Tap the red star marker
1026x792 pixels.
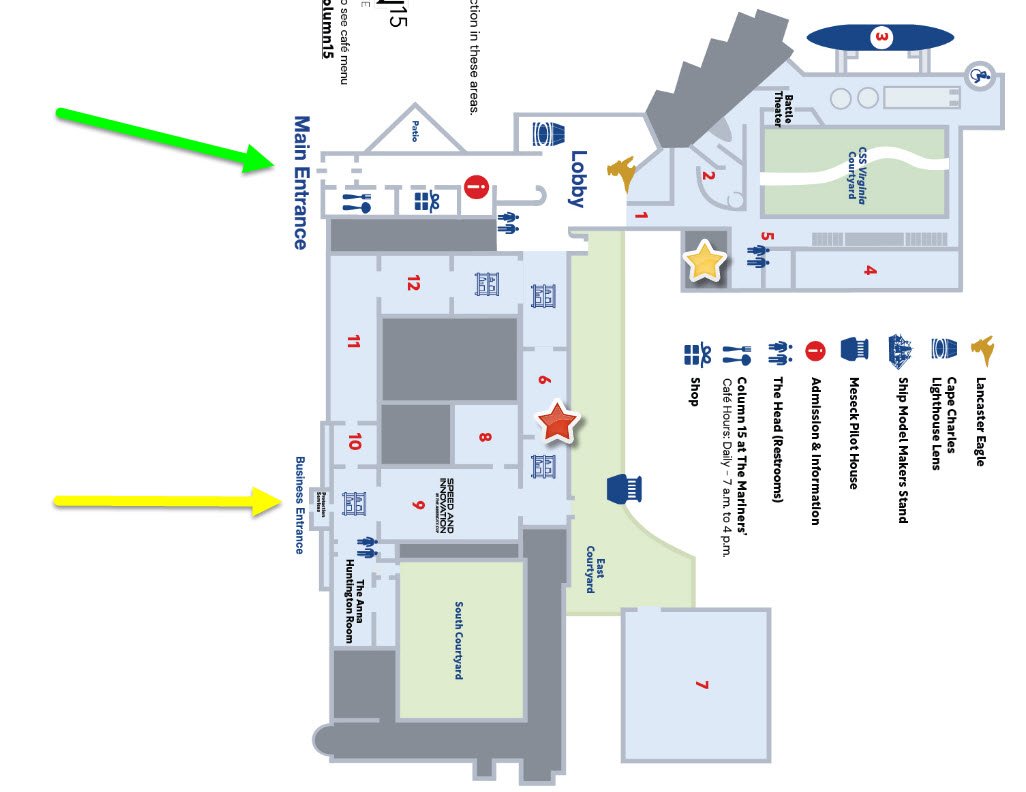(557, 423)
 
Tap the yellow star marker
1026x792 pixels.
(705, 262)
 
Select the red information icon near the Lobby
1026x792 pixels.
(476, 186)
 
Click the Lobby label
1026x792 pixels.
(577, 179)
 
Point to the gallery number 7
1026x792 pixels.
(701, 685)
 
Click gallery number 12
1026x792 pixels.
(412, 283)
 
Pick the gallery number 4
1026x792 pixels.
(870, 270)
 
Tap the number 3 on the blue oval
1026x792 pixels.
(881, 39)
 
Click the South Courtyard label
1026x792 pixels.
(458, 641)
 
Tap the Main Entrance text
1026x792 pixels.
(301, 182)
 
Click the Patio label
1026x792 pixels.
(415, 131)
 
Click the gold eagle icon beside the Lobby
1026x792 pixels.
(627, 173)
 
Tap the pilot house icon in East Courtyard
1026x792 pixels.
(624, 489)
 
